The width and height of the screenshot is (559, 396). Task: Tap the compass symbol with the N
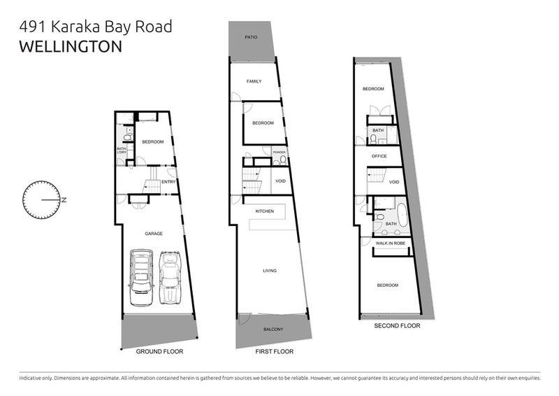point(43,199)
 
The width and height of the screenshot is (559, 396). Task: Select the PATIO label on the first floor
point(252,37)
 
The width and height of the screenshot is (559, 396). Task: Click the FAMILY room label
point(254,81)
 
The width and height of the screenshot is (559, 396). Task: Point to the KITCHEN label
point(264,211)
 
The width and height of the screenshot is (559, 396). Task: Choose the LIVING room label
point(270,270)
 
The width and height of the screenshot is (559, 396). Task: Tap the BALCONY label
point(273,329)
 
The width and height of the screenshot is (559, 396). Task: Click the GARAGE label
point(154,233)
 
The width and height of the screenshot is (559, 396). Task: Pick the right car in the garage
point(171,278)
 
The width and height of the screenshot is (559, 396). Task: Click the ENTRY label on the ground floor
point(168,183)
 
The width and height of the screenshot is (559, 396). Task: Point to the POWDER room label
point(279,152)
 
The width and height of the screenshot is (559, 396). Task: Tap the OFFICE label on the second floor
point(379,156)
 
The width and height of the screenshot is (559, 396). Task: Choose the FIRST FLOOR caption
point(274,351)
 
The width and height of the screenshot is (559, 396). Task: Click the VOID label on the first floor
point(279,181)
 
